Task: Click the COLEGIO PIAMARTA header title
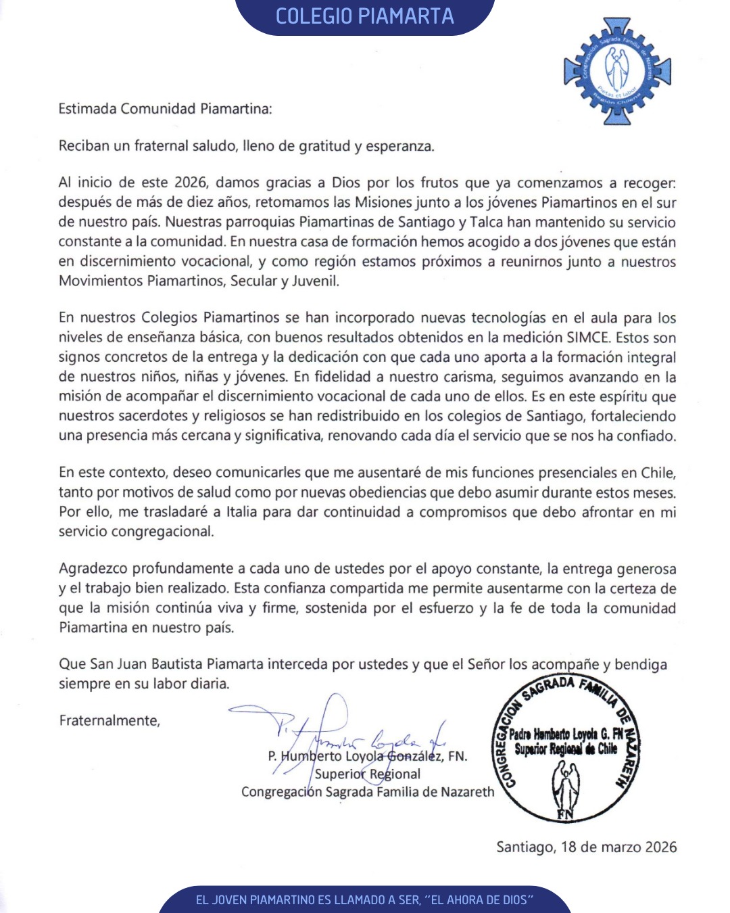[x=364, y=16]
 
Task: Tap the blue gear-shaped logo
[x=617, y=71]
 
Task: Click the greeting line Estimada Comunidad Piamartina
[x=165, y=109]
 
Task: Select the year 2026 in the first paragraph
[x=190, y=183]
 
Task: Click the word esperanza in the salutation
[x=399, y=146]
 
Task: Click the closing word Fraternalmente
[x=109, y=720]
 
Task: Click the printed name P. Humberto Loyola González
[x=367, y=756]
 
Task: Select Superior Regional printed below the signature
[x=367, y=774]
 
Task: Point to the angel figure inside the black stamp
[x=565, y=785]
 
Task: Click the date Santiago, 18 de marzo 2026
[x=586, y=847]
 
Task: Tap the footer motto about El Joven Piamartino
[x=364, y=899]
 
